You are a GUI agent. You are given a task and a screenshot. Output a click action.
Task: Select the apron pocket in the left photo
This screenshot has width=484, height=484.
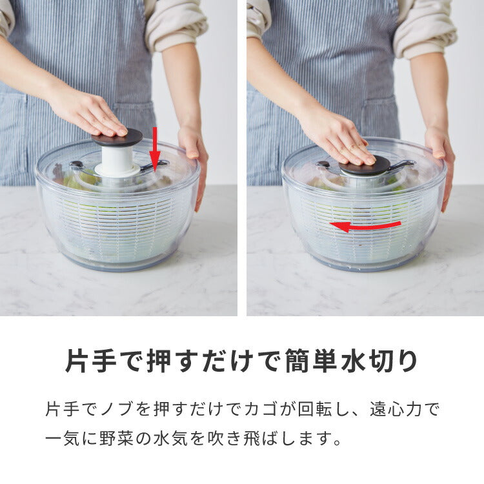[132, 123]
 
